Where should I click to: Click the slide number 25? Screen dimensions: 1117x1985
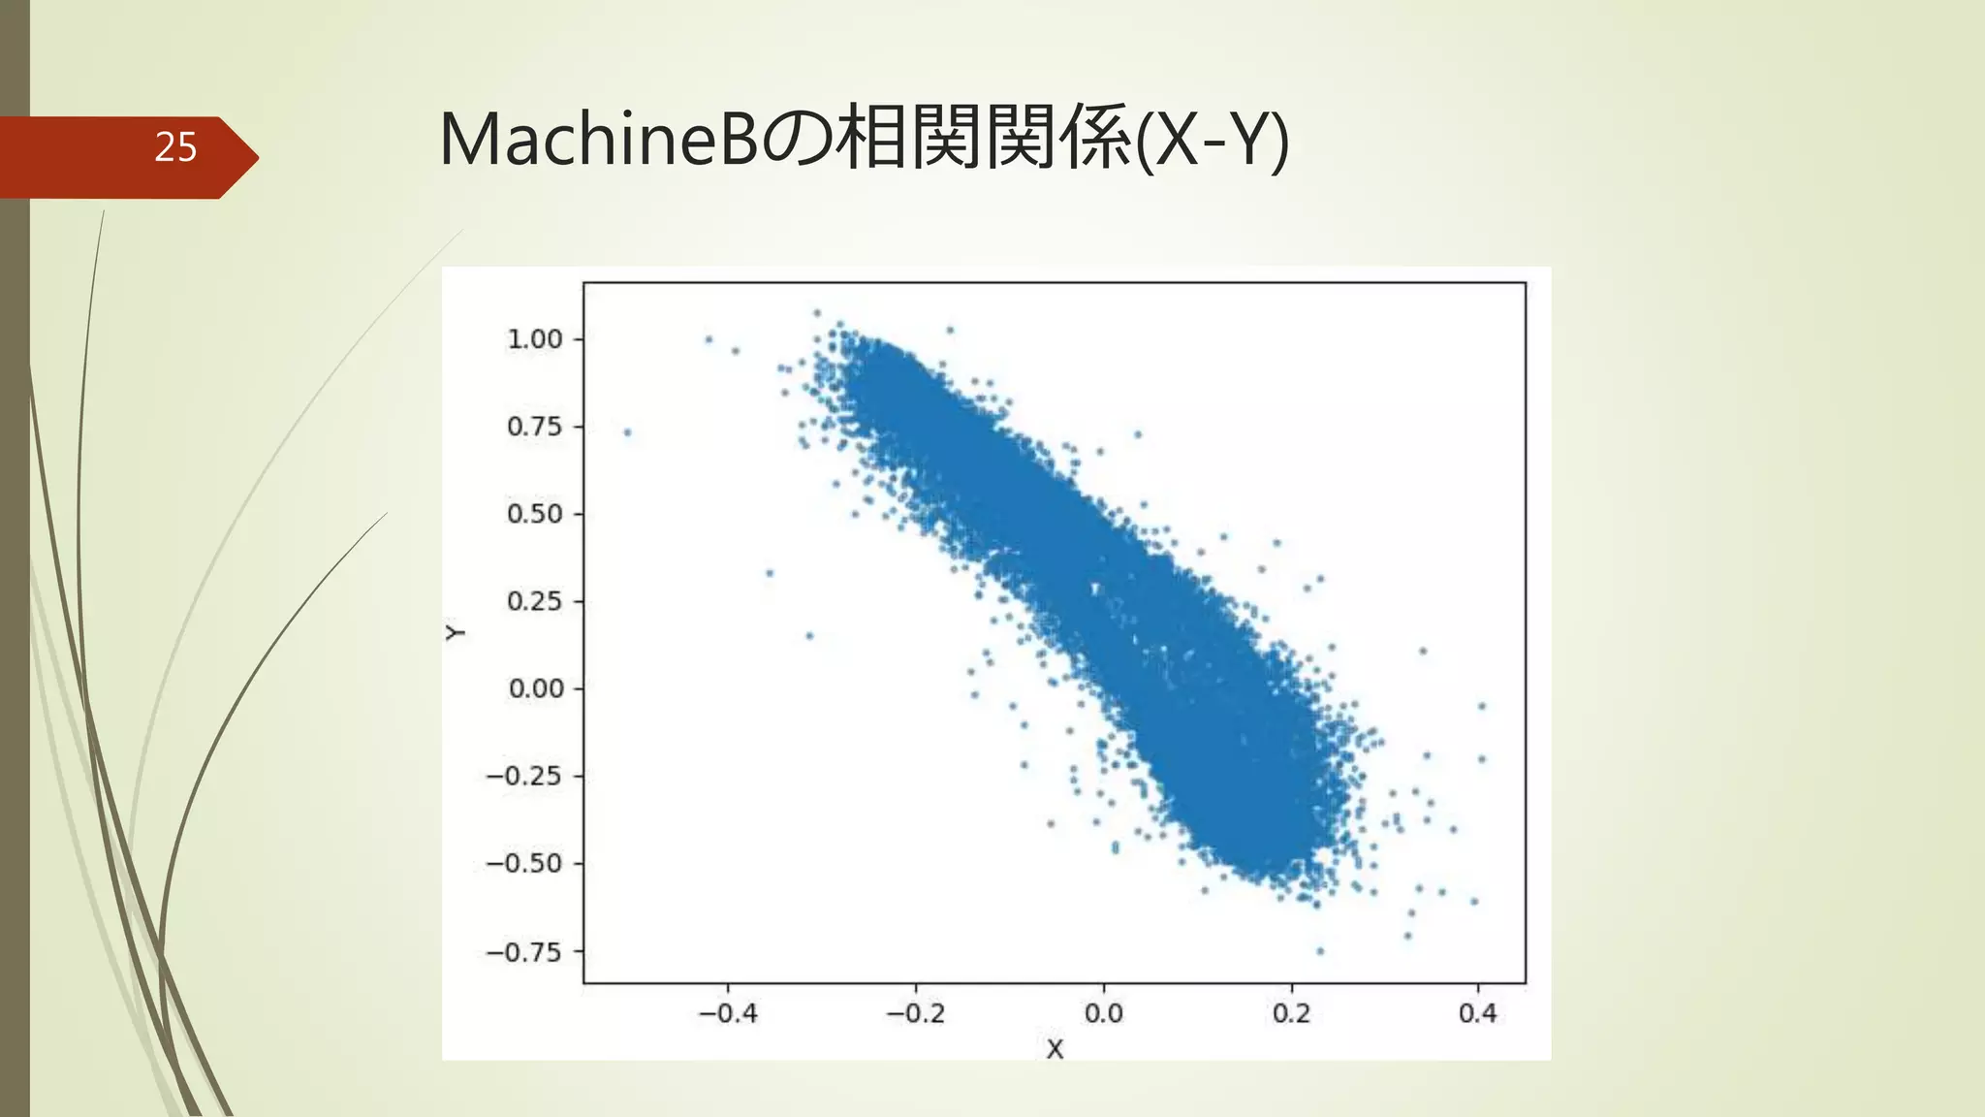[175, 147]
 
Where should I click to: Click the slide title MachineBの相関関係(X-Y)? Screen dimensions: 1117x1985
[864, 140]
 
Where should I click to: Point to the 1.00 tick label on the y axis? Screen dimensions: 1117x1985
[534, 339]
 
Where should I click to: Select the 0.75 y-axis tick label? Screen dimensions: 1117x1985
[534, 427]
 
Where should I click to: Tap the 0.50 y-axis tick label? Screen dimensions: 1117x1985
[534, 514]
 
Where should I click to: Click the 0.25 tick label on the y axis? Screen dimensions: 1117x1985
[534, 601]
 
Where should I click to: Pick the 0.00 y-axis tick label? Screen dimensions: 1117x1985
[535, 688]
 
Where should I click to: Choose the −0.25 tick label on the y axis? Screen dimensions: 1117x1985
[523, 776]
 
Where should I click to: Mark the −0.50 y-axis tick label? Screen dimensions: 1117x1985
[523, 863]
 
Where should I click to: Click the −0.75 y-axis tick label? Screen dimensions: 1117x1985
[523, 952]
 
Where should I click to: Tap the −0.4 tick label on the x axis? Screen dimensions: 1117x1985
[728, 1014]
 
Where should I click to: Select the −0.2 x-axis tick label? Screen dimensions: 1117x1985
[916, 1014]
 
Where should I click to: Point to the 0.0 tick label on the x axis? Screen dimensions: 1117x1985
[1103, 1014]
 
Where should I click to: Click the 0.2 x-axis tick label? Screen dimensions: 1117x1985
[1291, 1014]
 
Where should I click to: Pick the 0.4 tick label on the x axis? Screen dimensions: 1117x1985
[1477, 1014]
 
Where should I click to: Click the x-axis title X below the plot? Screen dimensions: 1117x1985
[1055, 1049]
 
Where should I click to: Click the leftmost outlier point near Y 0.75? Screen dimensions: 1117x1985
[627, 432]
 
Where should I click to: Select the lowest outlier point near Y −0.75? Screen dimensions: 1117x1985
[1320, 951]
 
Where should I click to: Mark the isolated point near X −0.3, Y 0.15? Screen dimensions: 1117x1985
[809, 636]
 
